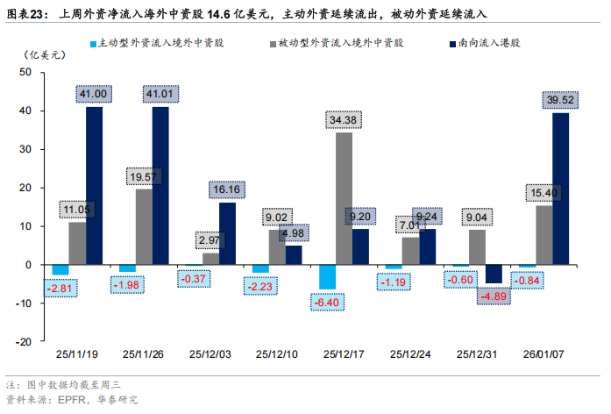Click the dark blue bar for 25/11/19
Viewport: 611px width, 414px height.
(x=94, y=185)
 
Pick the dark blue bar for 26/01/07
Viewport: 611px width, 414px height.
(x=560, y=189)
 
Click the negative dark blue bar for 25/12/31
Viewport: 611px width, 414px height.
(x=494, y=274)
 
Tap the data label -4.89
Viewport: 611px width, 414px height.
(x=494, y=296)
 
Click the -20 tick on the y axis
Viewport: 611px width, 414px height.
(x=34, y=341)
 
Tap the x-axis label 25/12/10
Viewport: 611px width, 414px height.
(x=277, y=354)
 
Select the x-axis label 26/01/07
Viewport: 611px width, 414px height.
(x=543, y=354)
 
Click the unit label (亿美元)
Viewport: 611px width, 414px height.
(x=40, y=54)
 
